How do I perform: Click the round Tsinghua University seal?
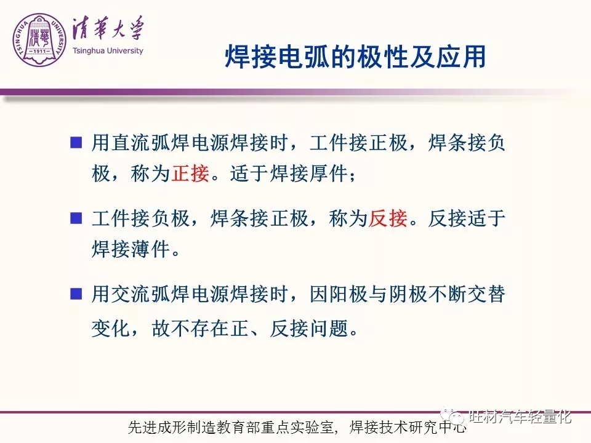tap(39, 40)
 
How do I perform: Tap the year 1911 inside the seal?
tap(39, 51)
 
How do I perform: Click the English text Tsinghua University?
tap(108, 50)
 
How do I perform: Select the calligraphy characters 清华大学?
tap(108, 29)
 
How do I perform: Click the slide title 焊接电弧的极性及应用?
tap(355, 57)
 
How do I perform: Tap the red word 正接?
tap(190, 174)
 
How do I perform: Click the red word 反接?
tap(388, 218)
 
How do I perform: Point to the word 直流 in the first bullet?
tap(131, 143)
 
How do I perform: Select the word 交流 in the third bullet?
tap(131, 294)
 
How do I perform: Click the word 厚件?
tap(329, 174)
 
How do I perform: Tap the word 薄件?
tap(151, 249)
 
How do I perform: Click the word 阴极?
tap(408, 294)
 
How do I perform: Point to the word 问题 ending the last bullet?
tap(329, 329)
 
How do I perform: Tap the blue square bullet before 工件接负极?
tap(76, 218)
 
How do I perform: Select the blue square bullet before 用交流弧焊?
tap(76, 293)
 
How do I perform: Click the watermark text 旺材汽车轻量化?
tap(520, 417)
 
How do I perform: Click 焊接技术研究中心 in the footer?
tap(408, 427)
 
